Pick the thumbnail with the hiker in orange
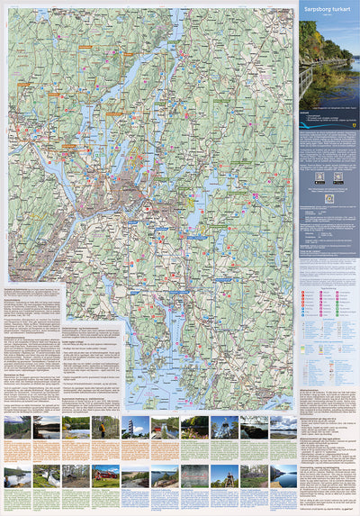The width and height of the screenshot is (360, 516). coord(106,426)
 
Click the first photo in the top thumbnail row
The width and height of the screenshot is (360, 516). coord(17,426)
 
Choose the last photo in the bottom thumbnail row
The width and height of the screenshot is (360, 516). coord(283,475)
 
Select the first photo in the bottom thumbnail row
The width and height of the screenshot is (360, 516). coord(17,475)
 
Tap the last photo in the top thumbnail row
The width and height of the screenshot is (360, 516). coord(283,426)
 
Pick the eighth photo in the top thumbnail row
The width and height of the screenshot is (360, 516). coord(224,426)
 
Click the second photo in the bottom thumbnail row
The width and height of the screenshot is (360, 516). coord(47,475)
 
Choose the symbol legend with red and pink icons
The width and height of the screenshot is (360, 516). coord(328,306)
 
